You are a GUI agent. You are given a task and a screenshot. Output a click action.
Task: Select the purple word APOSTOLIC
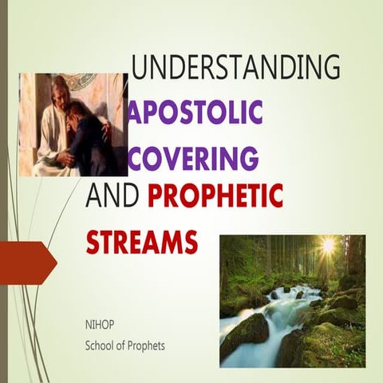coord(196,113)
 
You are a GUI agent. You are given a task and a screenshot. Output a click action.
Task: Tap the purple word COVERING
coord(193,157)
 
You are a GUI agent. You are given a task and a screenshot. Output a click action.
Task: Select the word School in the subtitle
coord(101,345)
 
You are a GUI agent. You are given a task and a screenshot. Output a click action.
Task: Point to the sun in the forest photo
coord(326,246)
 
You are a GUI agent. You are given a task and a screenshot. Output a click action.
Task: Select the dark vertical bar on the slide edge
coord(3,191)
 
